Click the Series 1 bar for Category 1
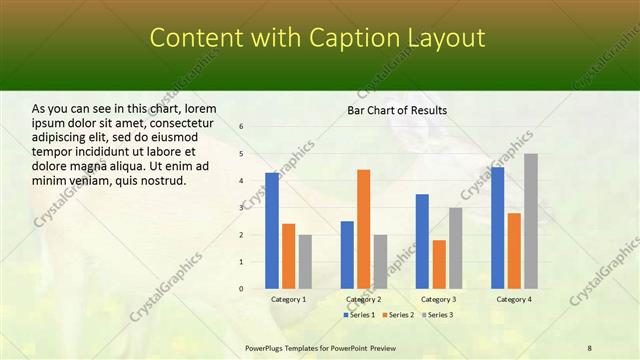[272, 231]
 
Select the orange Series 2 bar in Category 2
[363, 229]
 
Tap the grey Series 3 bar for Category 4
[531, 221]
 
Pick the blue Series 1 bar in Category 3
[422, 241]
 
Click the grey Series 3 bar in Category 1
[305, 262]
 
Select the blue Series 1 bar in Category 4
[498, 228]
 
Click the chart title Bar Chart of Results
[397, 110]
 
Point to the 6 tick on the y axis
[241, 126]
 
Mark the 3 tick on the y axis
[241, 207]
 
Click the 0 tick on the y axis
[241, 289]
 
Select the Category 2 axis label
[364, 299]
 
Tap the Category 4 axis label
[514, 299]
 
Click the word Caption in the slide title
[356, 38]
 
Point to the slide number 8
[590, 347]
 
